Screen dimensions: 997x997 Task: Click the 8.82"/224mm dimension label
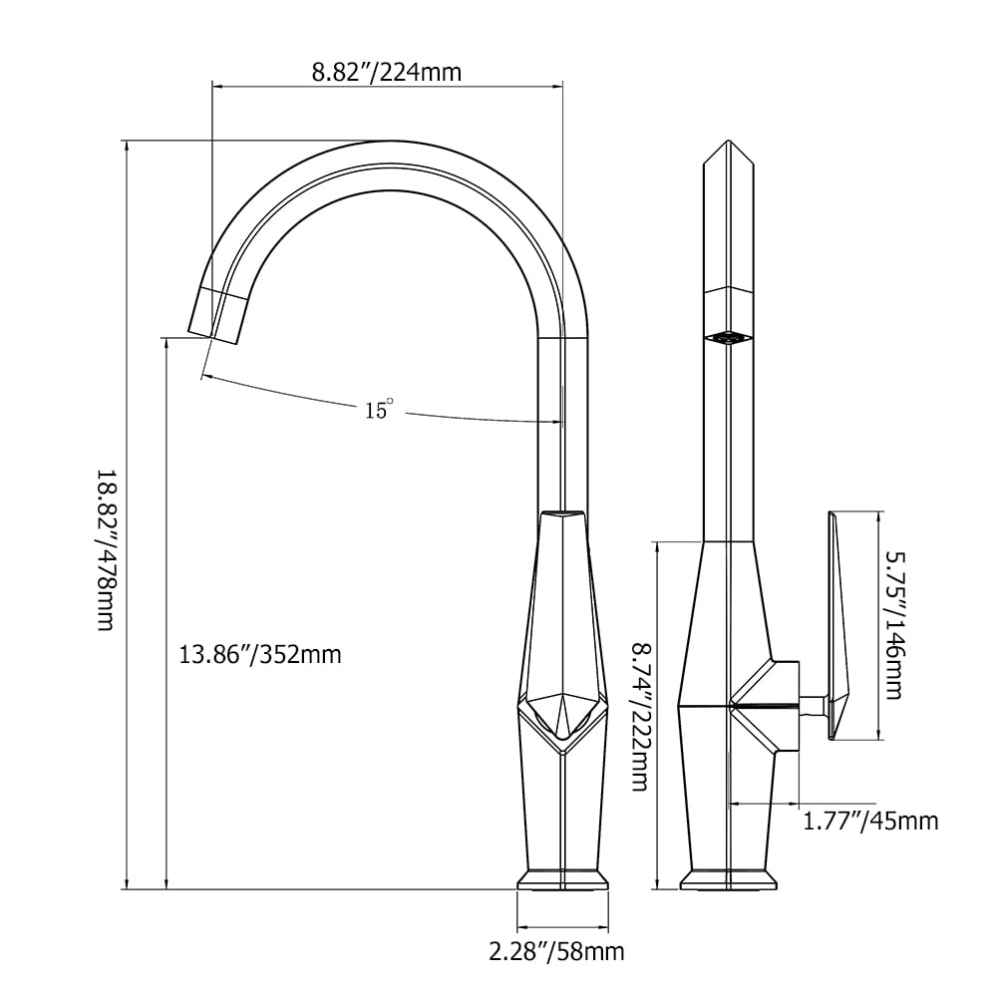(387, 72)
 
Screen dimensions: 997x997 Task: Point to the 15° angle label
(379, 409)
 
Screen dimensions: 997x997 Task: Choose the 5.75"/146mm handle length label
(892, 625)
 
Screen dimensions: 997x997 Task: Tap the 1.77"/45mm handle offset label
(870, 821)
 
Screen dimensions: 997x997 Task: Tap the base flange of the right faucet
(728, 879)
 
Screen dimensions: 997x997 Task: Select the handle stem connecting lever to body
(814, 705)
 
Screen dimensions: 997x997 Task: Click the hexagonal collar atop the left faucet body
(563, 516)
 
